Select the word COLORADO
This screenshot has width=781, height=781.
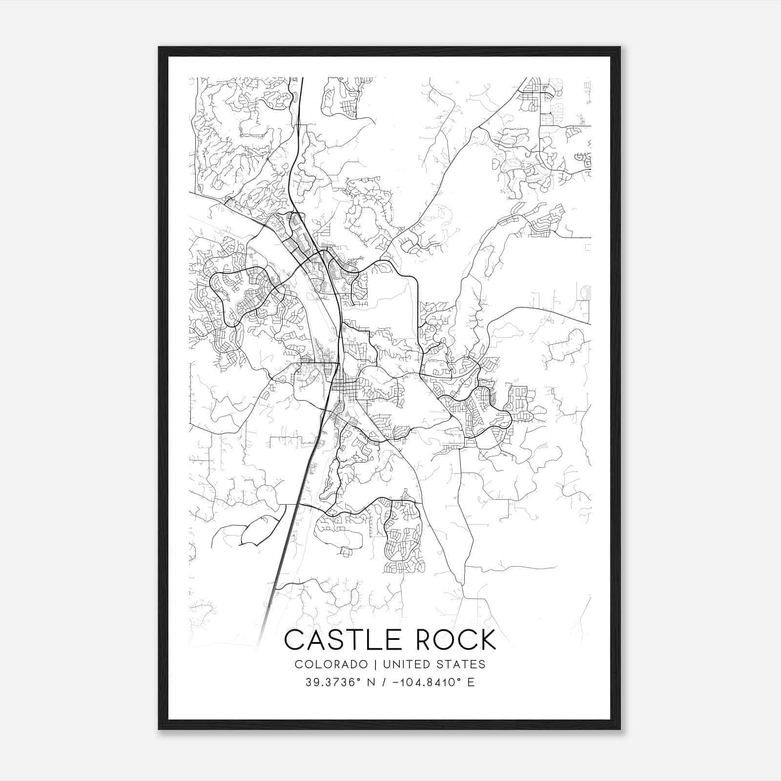pyautogui.click(x=331, y=664)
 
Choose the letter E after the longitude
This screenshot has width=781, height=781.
pyautogui.click(x=471, y=682)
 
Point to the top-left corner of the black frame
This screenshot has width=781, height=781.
pyautogui.click(x=159, y=47)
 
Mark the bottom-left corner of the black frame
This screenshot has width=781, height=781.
pyautogui.click(x=159, y=729)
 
